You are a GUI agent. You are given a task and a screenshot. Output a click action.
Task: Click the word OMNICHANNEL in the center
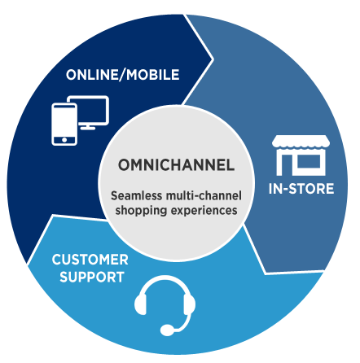[x=176, y=164]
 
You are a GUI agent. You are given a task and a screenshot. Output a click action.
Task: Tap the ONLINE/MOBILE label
[x=123, y=75]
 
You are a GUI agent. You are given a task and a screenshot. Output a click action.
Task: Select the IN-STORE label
[x=301, y=189]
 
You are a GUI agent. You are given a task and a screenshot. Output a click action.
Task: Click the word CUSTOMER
[x=90, y=260]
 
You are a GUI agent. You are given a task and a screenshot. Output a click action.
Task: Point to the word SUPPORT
[x=92, y=277]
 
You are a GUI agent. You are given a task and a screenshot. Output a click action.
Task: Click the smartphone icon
[x=64, y=125]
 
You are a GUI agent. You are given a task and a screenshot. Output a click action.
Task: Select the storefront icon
[x=301, y=155]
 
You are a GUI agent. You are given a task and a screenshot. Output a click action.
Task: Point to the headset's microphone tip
[x=167, y=330]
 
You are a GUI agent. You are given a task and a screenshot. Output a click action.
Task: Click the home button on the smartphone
[x=64, y=140]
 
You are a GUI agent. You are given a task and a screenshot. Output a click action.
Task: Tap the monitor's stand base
[x=88, y=128]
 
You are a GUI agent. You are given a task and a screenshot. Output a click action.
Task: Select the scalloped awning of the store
[x=301, y=142]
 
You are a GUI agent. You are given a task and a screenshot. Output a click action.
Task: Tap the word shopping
[x=141, y=211]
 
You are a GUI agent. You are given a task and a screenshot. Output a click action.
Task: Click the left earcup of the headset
[x=141, y=304]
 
